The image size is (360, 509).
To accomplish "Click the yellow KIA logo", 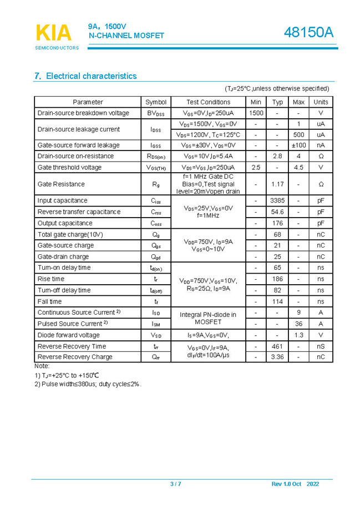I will coord(54,33).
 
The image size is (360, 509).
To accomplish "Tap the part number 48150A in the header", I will coord(309,33).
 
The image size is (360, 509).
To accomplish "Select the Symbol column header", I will coord(156,102).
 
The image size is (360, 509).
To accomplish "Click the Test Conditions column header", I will coord(208,102).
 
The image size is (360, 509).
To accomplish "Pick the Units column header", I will coord(321,102).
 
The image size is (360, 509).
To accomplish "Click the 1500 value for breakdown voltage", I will coord(256,113).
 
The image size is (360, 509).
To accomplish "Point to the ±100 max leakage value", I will coord(298,145).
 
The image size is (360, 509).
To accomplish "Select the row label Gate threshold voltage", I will coord(69,167).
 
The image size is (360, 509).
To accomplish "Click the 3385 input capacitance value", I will coord(277,200).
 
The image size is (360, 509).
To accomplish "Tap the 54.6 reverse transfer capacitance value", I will coord(277,212).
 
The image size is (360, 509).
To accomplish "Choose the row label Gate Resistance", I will coord(61,184).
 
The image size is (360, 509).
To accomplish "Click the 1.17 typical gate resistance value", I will coord(277,184).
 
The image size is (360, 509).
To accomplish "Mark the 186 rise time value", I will coord(277,279).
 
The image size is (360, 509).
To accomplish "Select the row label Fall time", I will coord(49,301).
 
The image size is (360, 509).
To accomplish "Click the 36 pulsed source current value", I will coord(298,324).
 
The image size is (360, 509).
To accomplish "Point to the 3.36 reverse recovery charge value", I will coord(277,357).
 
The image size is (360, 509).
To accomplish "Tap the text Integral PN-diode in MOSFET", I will coord(208,318).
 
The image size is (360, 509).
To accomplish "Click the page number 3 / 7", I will coord(175,484).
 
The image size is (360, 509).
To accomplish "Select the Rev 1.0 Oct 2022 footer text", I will coord(295,484).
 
